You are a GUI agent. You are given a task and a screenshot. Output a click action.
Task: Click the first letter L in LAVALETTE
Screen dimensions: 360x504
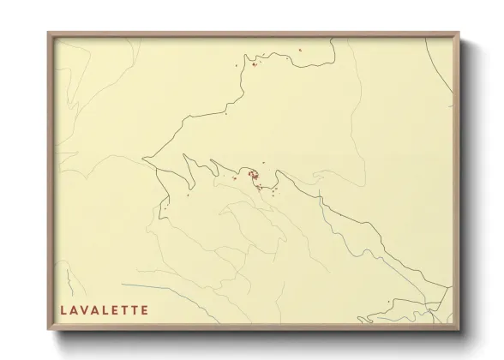pos(63,309)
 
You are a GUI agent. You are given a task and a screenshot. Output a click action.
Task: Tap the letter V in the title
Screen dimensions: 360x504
pos(86,309)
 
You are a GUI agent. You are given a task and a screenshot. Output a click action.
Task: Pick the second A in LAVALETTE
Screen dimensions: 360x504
pos(98,309)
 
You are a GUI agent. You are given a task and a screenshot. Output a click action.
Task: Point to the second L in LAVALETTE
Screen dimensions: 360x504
pos(109,309)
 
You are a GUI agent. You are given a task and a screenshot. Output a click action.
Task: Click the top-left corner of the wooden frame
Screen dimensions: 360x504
pos(49,33)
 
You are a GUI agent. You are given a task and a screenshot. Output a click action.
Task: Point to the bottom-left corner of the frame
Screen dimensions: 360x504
pos(49,329)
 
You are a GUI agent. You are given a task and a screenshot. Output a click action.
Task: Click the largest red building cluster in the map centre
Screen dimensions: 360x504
pos(254,176)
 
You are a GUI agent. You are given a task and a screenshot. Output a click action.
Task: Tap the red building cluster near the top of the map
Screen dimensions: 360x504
pos(254,63)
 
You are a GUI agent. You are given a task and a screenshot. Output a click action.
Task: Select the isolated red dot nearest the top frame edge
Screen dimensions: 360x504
pos(301,50)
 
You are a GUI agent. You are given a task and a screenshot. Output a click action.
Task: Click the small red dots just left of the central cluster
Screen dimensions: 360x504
pos(234,178)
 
